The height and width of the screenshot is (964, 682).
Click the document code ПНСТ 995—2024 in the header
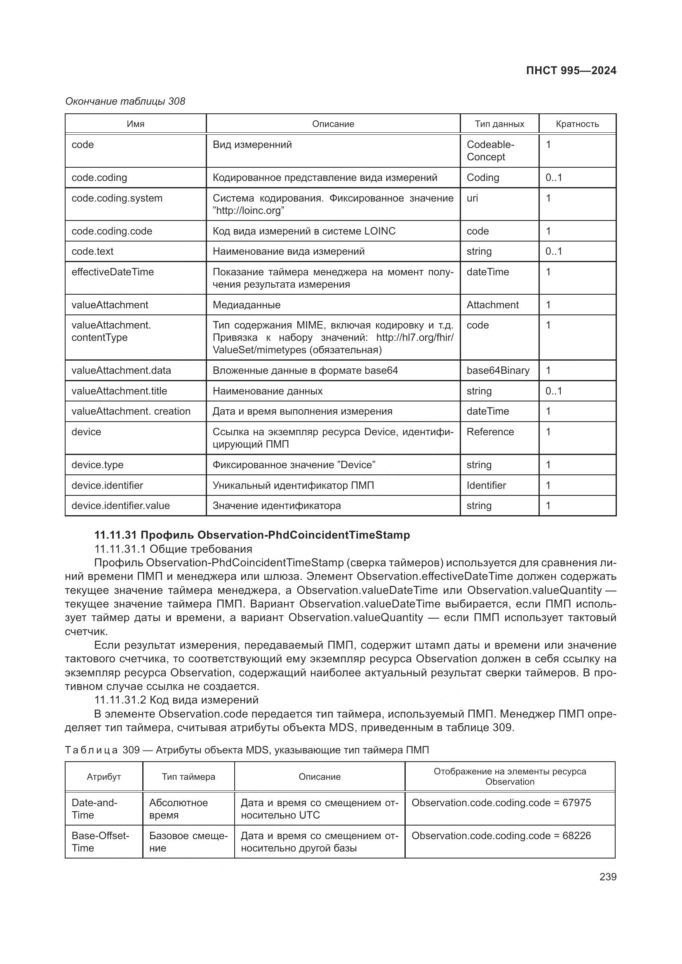[571, 70]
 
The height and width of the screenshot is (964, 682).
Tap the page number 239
[608, 877]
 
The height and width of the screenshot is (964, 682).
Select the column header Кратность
[577, 124]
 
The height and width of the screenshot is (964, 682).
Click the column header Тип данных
[499, 124]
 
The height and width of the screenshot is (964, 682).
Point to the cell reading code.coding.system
[117, 198]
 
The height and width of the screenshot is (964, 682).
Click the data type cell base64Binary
[498, 371]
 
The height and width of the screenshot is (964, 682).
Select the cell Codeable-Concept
[490, 151]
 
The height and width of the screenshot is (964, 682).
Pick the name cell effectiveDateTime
[113, 272]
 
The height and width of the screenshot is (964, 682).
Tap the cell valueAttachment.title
[119, 391]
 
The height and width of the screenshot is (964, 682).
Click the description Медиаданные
[247, 305]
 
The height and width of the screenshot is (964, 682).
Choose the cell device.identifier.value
[120, 506]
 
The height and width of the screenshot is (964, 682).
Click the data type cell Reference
[490, 432]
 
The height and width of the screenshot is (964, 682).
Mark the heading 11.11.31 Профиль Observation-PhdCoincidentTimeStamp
[252, 535]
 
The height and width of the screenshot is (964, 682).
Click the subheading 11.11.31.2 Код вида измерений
[176, 700]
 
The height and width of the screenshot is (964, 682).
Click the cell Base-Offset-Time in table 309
[100, 842]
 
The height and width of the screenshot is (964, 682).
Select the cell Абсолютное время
[178, 809]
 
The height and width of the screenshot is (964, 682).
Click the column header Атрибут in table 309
[104, 777]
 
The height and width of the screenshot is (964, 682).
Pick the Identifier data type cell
[486, 486]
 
